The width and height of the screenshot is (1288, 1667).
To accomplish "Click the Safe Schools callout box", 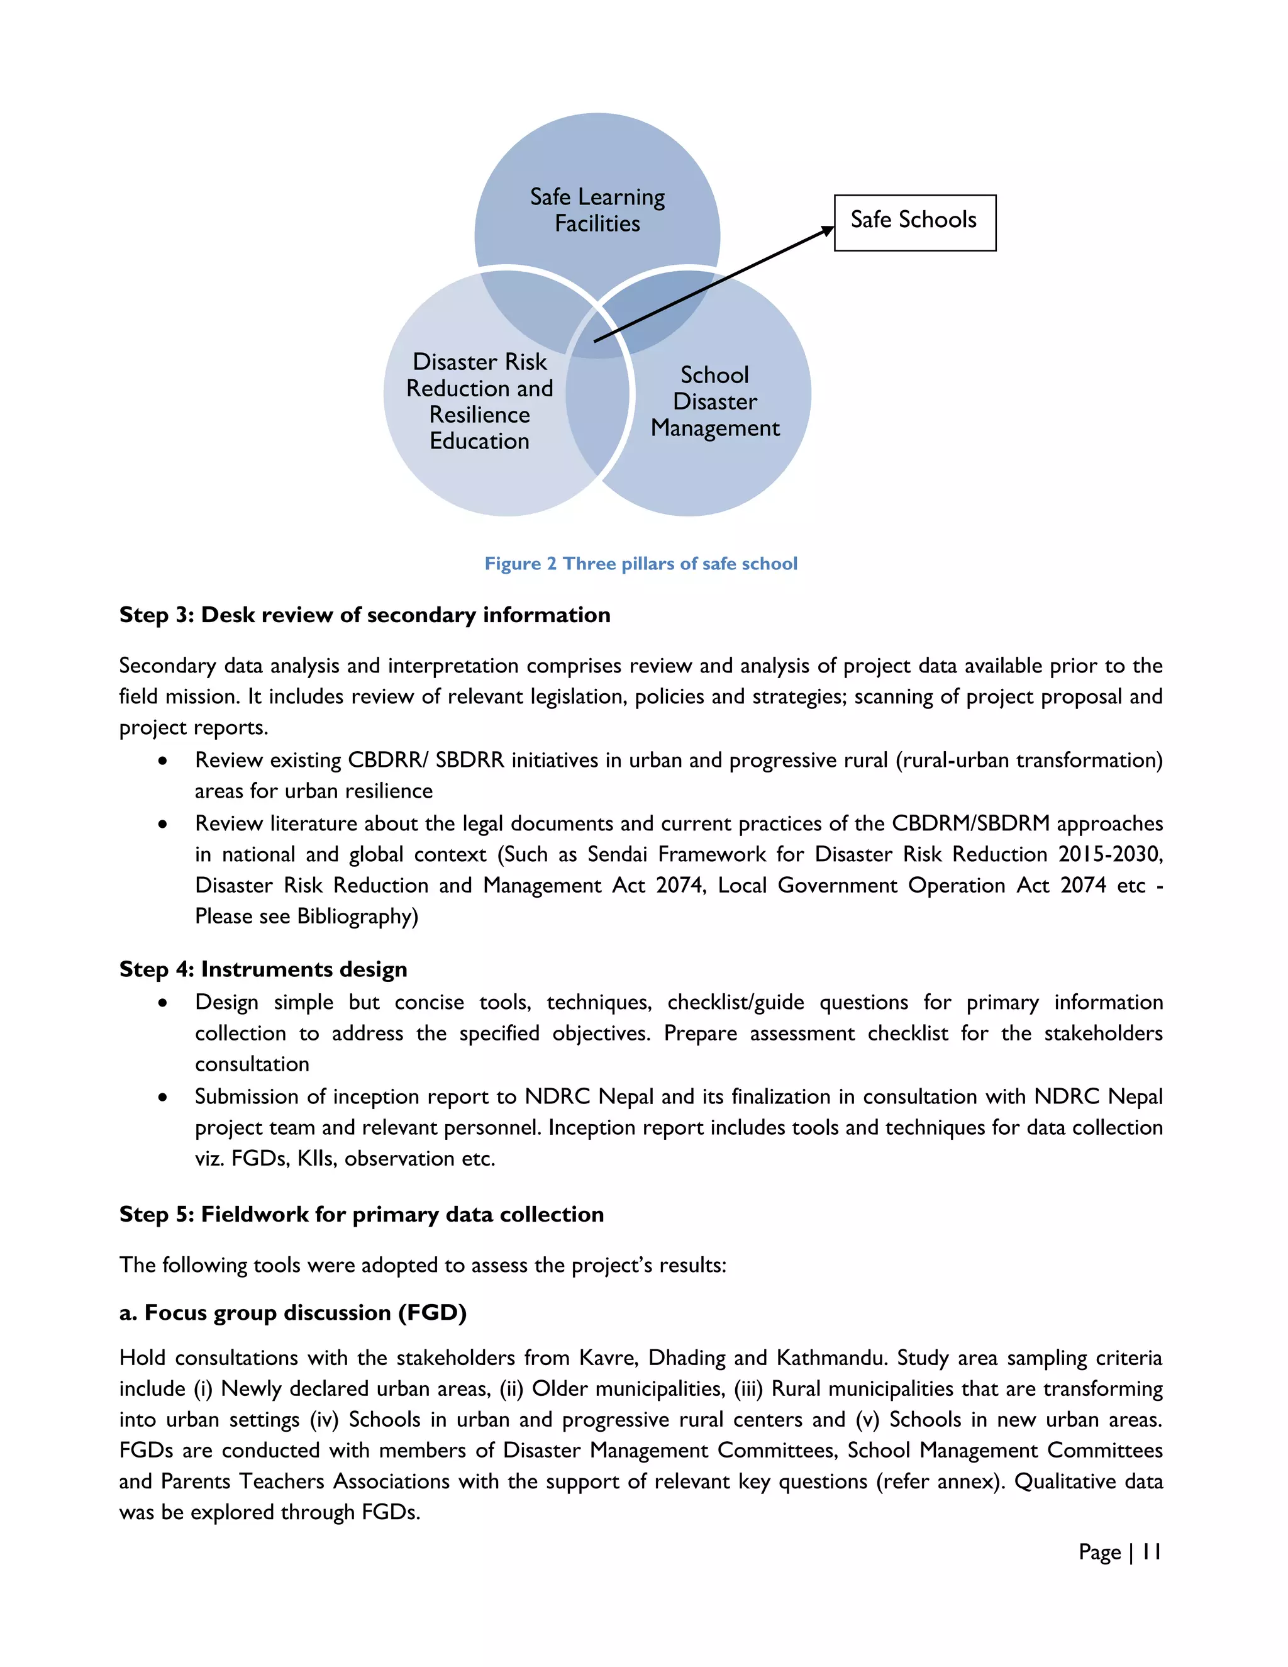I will [914, 222].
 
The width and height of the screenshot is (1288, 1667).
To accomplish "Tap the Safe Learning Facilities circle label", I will [597, 210].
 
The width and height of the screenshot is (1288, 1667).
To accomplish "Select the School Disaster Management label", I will [715, 401].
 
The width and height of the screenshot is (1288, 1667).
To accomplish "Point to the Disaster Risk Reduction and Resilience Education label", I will [479, 401].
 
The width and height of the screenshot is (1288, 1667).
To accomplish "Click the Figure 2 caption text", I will [641, 564].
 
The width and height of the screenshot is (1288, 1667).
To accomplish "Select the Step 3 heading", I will [365, 615].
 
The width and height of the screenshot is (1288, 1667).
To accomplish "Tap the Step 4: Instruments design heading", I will [264, 969].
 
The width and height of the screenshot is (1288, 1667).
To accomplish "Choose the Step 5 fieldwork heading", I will [362, 1214].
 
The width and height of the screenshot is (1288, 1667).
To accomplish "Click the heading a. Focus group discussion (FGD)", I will [293, 1313].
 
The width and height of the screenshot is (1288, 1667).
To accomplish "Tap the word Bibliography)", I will [357, 916].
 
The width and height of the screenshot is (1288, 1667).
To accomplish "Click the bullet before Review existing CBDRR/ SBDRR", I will [162, 761].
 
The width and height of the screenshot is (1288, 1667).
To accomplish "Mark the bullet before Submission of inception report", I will [162, 1098].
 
